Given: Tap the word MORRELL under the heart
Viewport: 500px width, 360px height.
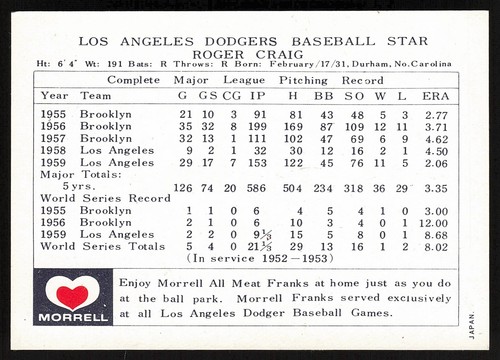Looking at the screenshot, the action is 72,317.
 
